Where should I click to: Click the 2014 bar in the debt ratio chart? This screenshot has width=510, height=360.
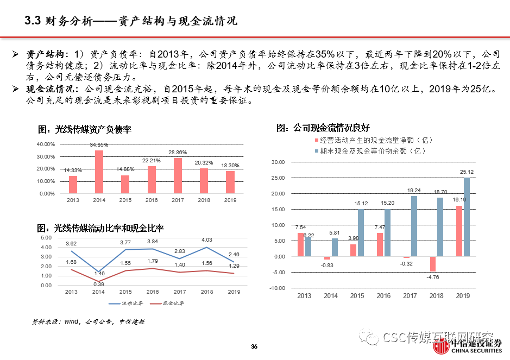[x=99, y=172]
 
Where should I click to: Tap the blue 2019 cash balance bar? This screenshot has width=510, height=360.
[x=467, y=217]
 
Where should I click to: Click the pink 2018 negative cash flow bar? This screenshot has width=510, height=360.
[x=433, y=264]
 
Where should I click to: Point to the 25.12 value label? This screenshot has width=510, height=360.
[x=467, y=172]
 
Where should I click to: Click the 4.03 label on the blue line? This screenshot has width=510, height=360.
[x=207, y=239]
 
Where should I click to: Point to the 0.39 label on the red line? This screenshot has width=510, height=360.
[x=99, y=285]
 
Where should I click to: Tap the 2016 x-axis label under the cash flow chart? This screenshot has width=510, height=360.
[x=383, y=296]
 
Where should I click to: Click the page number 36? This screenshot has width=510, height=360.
[x=254, y=347]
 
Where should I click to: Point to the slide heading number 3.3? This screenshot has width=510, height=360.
[x=33, y=21]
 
